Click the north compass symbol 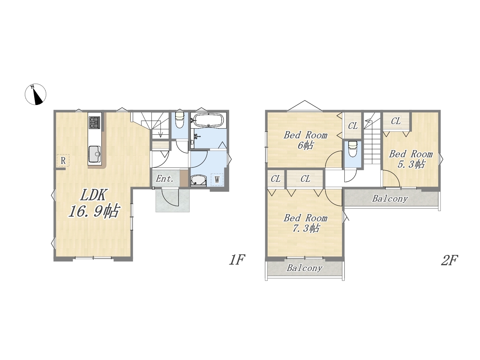point(35,94)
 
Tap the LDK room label point(93,195)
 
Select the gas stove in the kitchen point(94,123)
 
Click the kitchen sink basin point(94,154)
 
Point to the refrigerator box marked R point(63,160)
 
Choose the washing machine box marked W point(217,180)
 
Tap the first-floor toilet point(179,120)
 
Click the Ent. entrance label point(165,179)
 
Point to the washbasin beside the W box point(198,181)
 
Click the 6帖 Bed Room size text point(306,145)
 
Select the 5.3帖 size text point(411,164)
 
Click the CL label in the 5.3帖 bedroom point(396,121)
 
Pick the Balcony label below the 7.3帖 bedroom point(304,268)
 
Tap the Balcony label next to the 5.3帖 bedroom point(390,199)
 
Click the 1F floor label point(237,259)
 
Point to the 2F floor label point(450,260)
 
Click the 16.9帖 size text point(94,211)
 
